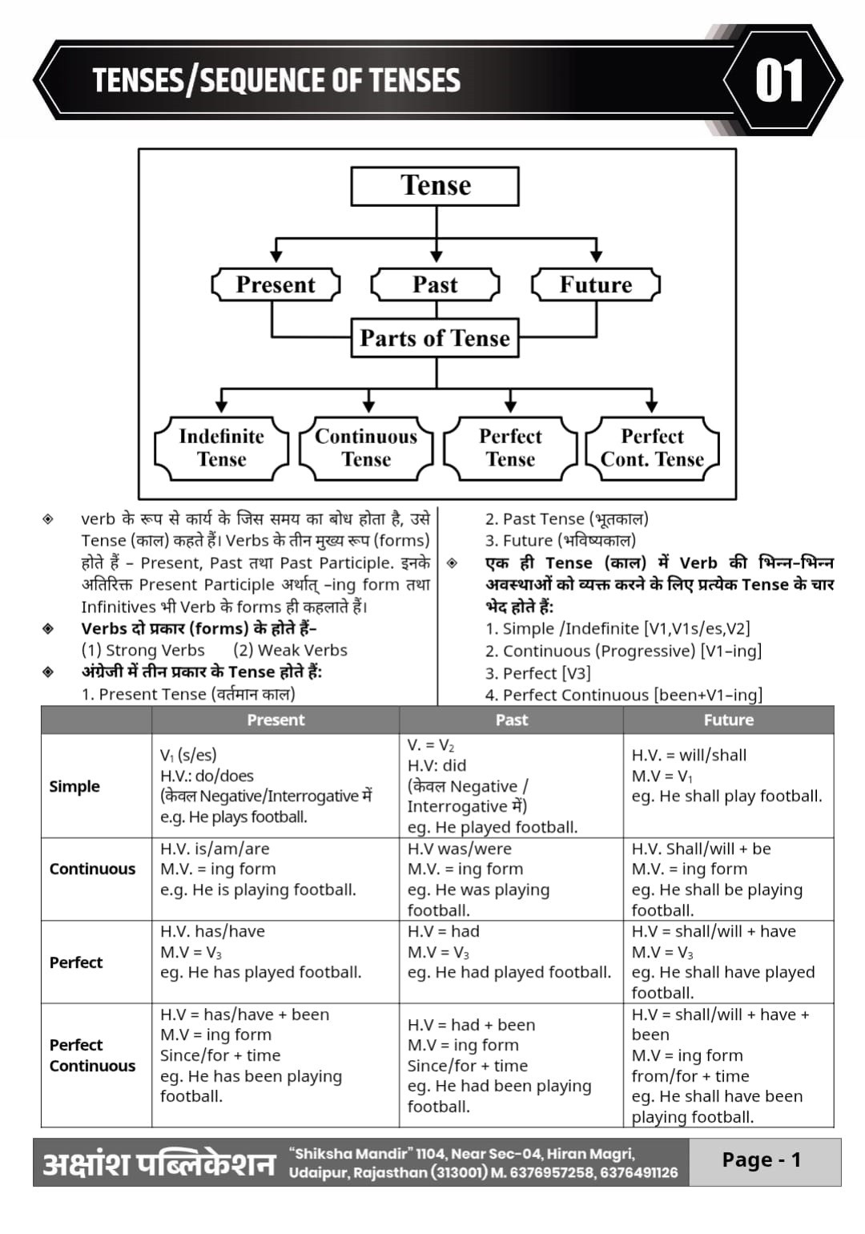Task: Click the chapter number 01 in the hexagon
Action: click(778, 81)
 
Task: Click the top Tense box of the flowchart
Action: click(434, 186)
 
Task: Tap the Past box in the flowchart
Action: click(435, 284)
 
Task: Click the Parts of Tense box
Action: click(434, 337)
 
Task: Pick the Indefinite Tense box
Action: click(221, 448)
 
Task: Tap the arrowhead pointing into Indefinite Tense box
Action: click(221, 406)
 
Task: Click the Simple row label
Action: click(74, 786)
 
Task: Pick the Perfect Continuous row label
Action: click(92, 1055)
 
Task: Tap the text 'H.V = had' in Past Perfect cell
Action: click(443, 932)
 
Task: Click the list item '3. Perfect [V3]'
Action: click(537, 673)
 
